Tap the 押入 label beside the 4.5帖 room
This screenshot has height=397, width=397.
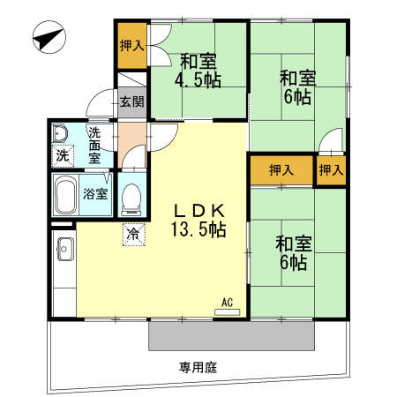[x=131, y=45]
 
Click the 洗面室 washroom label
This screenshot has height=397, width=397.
[x=94, y=146]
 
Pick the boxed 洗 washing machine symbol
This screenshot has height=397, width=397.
[x=63, y=155]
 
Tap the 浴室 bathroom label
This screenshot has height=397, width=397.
[x=96, y=193]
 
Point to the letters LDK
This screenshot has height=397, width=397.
[x=200, y=212]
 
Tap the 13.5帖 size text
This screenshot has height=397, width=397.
[x=199, y=230]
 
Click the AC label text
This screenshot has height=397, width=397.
[x=227, y=303]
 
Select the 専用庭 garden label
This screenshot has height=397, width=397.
[x=197, y=365]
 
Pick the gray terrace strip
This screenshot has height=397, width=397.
[x=231, y=335]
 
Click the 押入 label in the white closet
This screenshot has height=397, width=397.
[x=331, y=169]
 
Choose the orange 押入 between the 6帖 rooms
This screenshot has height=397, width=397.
[x=281, y=169]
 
